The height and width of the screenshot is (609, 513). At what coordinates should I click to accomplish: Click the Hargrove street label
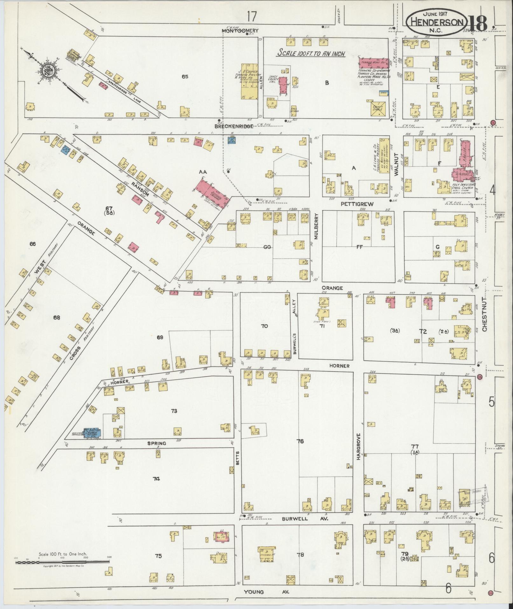pos(358,446)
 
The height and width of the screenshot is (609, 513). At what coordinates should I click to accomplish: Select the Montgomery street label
pos(240,31)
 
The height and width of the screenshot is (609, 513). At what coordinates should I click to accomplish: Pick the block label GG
pos(267,246)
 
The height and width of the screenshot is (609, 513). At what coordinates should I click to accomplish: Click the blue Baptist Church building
pos(92,432)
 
